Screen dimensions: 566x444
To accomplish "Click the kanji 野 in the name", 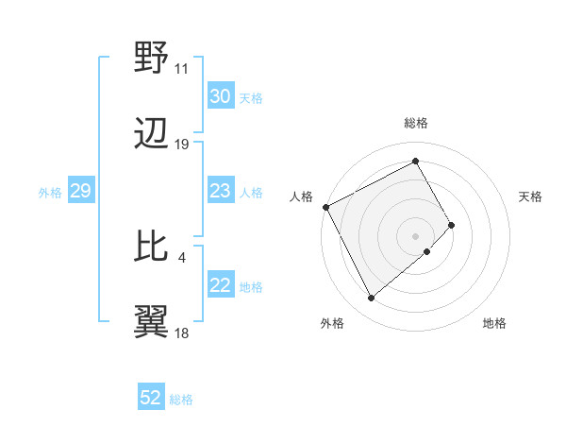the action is [151, 60].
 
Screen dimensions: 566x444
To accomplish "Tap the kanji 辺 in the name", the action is [151, 135].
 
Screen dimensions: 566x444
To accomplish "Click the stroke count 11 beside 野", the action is [181, 70].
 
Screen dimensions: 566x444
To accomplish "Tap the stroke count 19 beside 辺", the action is [181, 145].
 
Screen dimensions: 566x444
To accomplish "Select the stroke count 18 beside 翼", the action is [181, 333].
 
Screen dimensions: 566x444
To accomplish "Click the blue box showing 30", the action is [220, 96].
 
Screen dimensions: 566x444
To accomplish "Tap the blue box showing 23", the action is [220, 192].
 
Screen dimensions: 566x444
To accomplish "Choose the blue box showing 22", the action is [220, 286].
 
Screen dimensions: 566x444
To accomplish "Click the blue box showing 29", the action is [80, 192].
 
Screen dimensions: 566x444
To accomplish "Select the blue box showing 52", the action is [151, 399].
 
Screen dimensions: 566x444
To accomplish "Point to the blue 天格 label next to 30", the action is [251, 97].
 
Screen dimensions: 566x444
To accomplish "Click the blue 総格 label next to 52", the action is [181, 400].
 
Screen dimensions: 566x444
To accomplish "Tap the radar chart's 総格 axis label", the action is [416, 123].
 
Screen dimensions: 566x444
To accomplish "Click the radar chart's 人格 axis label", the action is [301, 196].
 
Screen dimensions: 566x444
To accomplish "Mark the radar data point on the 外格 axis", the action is [371, 299].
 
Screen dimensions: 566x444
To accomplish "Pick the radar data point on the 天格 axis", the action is [452, 225].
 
